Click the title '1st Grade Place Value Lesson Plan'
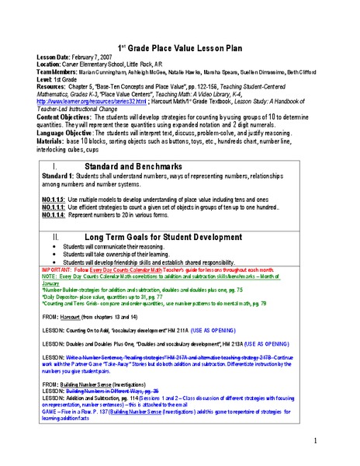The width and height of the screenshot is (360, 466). coord(180,47)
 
